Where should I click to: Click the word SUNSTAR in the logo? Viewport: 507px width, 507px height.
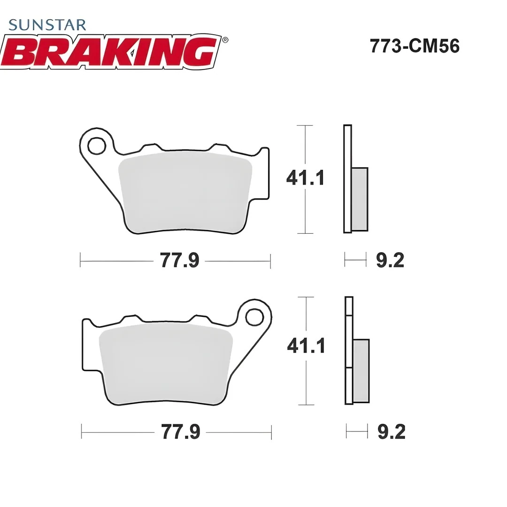[x=47, y=24]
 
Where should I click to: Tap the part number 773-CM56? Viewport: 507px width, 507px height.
[x=415, y=46]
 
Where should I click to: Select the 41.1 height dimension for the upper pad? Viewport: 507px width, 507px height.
[x=306, y=178]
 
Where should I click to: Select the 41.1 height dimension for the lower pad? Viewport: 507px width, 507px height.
[x=306, y=346]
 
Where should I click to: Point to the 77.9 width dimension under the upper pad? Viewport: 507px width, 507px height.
[x=180, y=260]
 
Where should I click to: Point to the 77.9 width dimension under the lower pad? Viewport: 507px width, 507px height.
[x=181, y=432]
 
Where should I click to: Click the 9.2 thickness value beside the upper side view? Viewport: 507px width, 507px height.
[x=390, y=260]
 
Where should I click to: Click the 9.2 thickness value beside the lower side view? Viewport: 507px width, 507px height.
[x=391, y=432]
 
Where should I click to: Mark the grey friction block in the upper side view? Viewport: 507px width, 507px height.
[x=360, y=199]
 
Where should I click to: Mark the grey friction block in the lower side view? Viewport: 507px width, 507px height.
[x=361, y=370]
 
